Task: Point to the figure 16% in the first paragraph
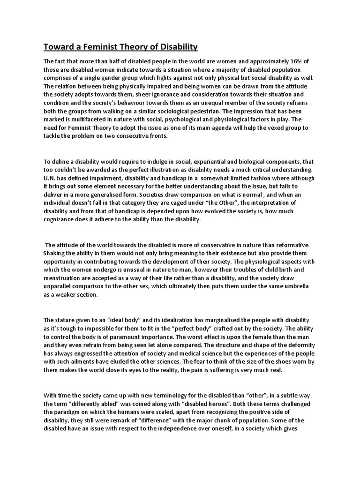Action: [303, 61]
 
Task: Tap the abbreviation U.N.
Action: [51, 179]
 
